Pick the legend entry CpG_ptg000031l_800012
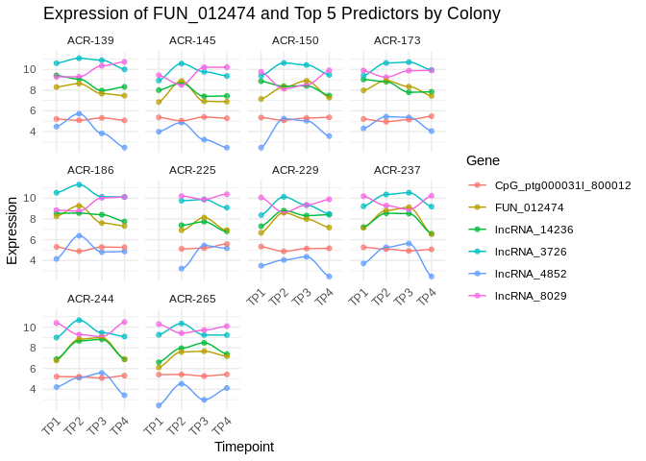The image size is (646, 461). pos(562,184)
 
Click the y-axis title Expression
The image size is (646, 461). pos(12,230)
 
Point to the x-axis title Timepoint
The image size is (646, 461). pos(244,447)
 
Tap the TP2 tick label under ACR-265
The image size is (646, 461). pos(178,425)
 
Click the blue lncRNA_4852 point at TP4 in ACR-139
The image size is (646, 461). pos(124,147)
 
